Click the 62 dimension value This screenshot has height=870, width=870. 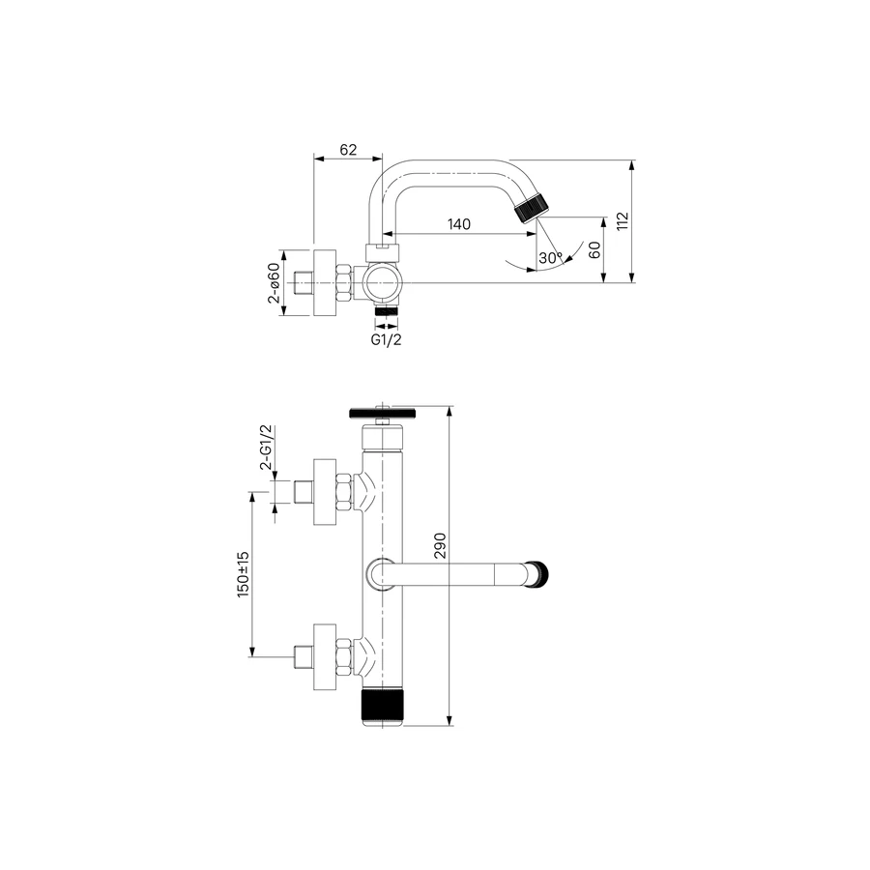tap(348, 150)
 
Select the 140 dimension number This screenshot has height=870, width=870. tap(459, 224)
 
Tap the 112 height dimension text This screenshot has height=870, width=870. tap(623, 220)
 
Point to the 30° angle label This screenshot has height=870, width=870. tap(550, 258)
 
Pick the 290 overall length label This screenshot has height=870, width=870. tap(440, 545)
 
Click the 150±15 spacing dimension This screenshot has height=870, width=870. tap(243, 574)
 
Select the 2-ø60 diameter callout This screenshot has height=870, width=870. tap(275, 283)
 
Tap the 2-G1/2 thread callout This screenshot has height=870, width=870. tap(267, 448)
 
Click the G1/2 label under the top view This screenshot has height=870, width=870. tap(386, 339)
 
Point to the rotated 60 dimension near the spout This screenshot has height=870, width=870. tap(594, 249)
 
